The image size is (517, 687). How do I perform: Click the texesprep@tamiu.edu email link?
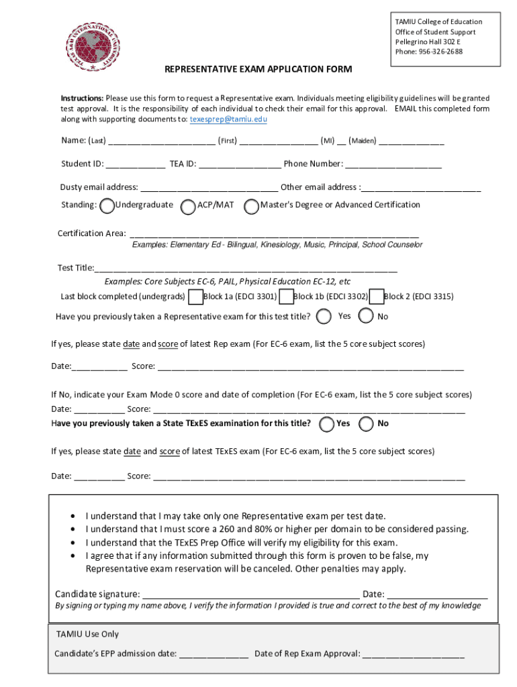coord(228,119)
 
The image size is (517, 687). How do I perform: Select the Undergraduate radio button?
coord(107,207)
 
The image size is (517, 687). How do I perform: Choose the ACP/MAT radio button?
coord(189,207)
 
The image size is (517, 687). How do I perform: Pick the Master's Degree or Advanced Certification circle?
coord(252,207)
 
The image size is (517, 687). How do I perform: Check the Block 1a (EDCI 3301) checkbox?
coord(195,297)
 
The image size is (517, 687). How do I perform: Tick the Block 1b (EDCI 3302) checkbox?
coord(286,297)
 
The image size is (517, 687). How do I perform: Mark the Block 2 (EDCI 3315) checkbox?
coord(376,297)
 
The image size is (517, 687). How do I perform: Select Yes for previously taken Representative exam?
coord(324,316)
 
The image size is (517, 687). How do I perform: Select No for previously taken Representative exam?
coord(367,316)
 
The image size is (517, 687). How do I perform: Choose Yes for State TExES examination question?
coord(327,424)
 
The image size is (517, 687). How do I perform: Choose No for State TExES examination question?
coord(367,424)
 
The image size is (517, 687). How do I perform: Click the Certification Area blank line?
coord(274,234)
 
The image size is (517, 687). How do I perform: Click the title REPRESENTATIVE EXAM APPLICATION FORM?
coord(258,70)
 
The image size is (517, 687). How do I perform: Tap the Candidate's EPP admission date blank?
coord(214,654)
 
